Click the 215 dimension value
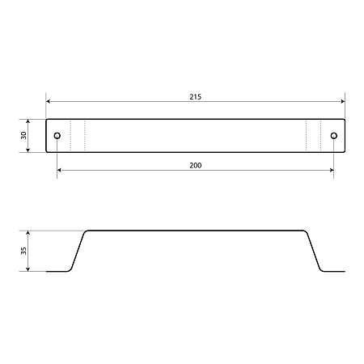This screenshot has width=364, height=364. (x=195, y=97)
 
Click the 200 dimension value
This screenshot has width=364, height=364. (x=195, y=166)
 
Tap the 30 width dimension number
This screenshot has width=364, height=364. (x=23, y=135)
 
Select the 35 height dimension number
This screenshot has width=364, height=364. (x=23, y=251)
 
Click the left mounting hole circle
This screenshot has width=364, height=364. (x=57, y=135)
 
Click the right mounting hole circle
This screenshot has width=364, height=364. (x=334, y=135)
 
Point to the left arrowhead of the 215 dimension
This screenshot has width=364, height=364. (x=49, y=101)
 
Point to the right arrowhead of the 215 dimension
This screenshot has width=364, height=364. (x=343, y=101)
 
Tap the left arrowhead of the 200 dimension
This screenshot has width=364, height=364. (x=59, y=170)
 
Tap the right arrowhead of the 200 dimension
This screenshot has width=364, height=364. (x=332, y=170)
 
